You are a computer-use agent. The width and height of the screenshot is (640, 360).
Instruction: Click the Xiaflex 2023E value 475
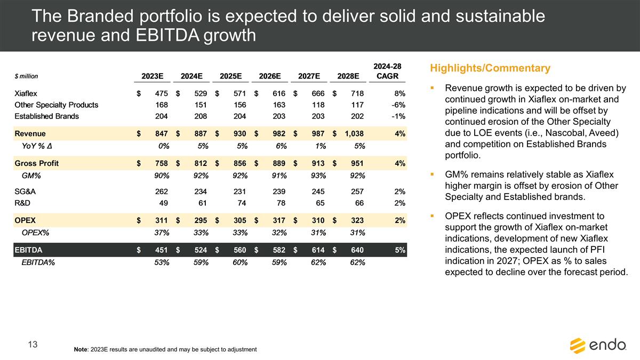click(162, 93)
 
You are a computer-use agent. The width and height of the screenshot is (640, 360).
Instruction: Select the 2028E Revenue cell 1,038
click(353, 134)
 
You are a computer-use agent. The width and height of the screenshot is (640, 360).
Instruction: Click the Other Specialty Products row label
click(56, 105)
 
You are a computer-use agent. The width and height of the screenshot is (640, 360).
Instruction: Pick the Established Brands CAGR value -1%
click(397, 116)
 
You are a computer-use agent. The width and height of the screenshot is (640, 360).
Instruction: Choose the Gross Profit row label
click(36, 163)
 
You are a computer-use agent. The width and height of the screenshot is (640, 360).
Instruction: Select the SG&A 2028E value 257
click(357, 191)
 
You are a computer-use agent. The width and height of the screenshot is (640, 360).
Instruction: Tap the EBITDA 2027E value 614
click(318, 250)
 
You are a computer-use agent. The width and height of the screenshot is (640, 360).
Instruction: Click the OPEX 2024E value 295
click(201, 220)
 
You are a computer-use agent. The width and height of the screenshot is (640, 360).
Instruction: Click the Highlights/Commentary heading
click(489, 68)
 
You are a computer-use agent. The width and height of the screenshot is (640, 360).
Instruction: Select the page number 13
click(33, 345)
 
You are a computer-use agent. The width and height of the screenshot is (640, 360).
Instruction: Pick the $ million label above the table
click(26, 77)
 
